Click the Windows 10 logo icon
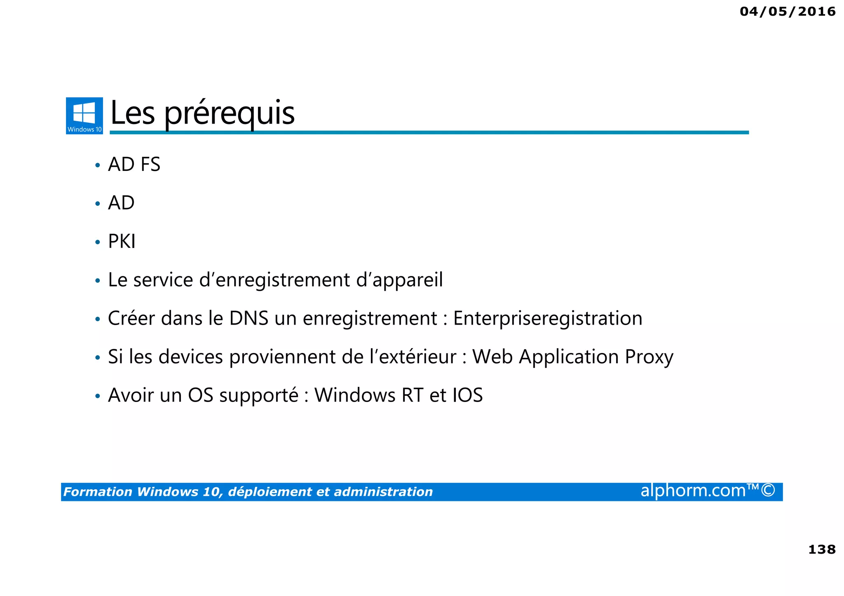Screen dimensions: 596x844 tap(84, 116)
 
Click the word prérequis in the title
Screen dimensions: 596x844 tap(230, 113)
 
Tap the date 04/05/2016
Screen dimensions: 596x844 tap(788, 12)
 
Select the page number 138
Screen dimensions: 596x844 tap(822, 549)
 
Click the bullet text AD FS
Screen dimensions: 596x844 tap(134, 164)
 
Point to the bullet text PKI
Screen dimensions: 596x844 tap(122, 241)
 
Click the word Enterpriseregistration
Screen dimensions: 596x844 tap(548, 318)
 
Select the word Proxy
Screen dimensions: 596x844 tap(649, 357)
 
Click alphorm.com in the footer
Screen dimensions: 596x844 tap(693, 491)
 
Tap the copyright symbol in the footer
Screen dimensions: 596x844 tap(768, 491)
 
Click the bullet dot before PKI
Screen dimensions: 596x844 tap(98, 242)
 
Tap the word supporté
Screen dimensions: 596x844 tap(258, 395)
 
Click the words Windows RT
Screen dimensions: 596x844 tap(369, 395)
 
